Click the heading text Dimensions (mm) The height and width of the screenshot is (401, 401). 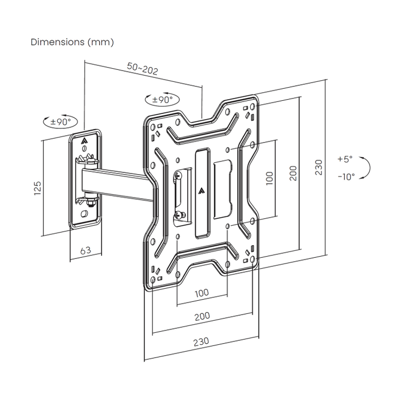(72, 42)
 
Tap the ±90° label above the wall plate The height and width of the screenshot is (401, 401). (60, 121)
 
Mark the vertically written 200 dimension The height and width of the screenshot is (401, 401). (293, 173)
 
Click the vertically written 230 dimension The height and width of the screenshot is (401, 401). (319, 167)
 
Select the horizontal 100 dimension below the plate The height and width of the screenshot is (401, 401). (202, 293)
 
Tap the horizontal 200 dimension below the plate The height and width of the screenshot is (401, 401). (202, 316)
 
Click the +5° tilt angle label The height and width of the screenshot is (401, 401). (345, 159)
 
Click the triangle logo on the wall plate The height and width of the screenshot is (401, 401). (85, 139)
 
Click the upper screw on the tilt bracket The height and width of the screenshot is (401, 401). (179, 175)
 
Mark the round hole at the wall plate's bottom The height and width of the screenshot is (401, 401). (85, 214)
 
